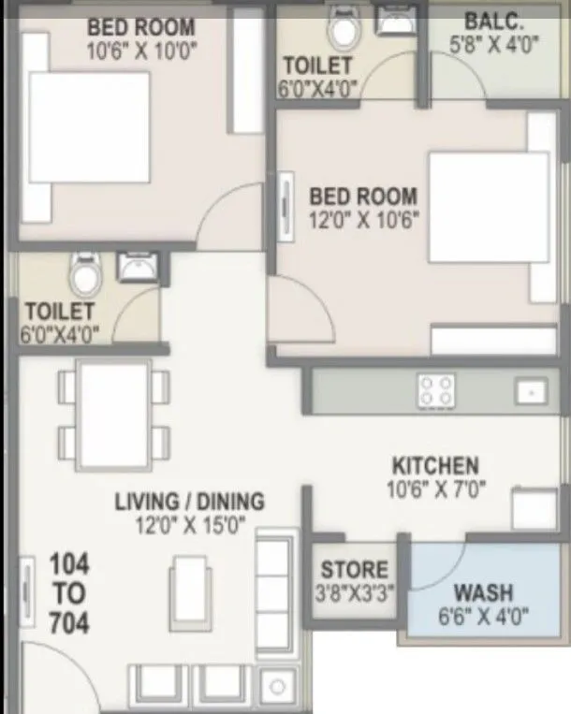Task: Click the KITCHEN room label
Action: [x=434, y=465]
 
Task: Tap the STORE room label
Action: [x=354, y=570]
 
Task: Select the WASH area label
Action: [x=483, y=592]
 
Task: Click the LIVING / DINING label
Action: [x=189, y=502]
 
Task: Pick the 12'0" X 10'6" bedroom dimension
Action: [x=363, y=220]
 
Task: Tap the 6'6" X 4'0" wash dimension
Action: [x=483, y=616]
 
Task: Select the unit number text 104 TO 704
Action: [x=69, y=593]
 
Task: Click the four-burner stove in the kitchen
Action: [x=435, y=390]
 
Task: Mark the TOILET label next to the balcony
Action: [x=317, y=66]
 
